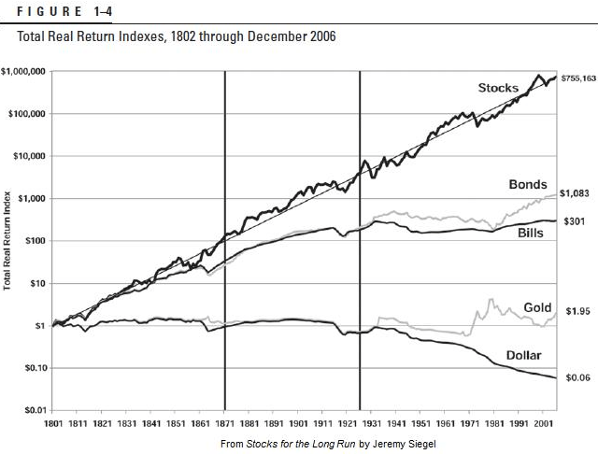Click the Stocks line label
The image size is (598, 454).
point(498,88)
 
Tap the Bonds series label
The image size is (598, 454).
point(528,185)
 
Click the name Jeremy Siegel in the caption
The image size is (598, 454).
point(401,442)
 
